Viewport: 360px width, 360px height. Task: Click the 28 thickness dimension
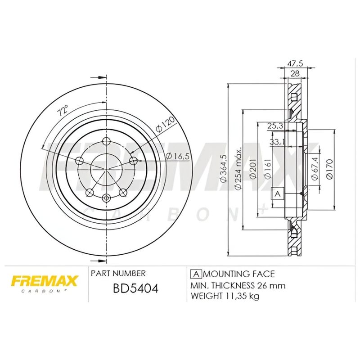point(295,74)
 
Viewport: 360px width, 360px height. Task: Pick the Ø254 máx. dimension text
point(239,169)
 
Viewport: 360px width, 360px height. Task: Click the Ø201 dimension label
point(253,170)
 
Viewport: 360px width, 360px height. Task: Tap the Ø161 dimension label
point(268,170)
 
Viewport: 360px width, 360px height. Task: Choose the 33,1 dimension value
point(276,142)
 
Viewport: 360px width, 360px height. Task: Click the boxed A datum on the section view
point(277,193)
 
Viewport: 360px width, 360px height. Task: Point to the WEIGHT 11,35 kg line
point(225,296)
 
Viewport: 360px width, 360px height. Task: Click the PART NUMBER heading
point(118,273)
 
